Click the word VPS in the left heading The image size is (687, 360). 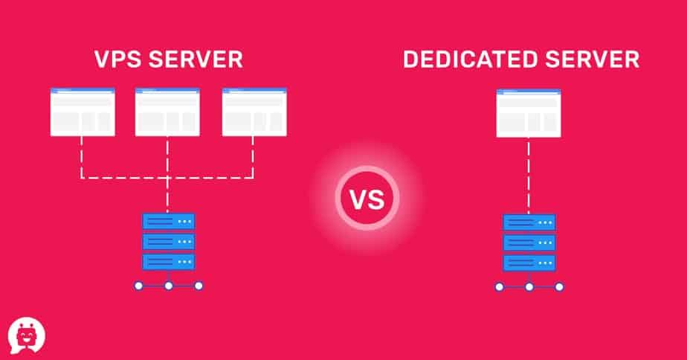click(118, 60)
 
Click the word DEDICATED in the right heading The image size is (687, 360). click(471, 60)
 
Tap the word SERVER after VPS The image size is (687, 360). click(196, 60)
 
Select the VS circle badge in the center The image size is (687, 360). click(367, 198)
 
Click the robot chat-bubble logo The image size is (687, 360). click(26, 335)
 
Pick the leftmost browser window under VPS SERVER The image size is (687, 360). click(83, 112)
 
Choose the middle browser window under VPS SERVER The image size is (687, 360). click(167, 112)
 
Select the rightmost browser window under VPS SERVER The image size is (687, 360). click(254, 112)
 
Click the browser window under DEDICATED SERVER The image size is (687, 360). click(529, 113)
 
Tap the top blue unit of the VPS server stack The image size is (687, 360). click(169, 222)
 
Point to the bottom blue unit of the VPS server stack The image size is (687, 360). click(169, 262)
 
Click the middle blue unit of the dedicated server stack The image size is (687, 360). click(529, 242)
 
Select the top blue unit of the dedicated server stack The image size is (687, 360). click(529, 222)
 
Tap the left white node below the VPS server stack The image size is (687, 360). click(139, 286)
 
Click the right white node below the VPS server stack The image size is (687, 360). click(199, 286)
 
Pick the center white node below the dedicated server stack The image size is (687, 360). click(529, 287)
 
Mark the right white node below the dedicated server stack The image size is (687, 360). click(559, 287)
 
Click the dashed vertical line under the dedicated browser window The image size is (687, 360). click(529, 176)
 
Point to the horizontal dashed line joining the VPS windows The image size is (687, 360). click(167, 178)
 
